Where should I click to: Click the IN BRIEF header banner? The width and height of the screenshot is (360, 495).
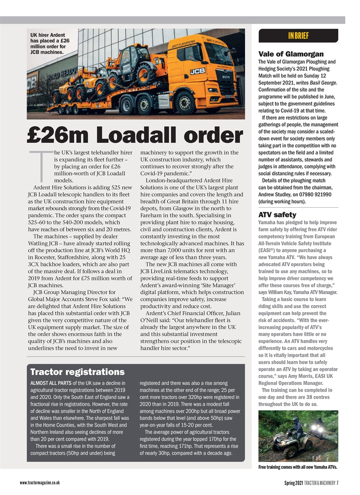(x=298, y=36)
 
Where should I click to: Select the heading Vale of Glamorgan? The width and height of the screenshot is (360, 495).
(x=291, y=54)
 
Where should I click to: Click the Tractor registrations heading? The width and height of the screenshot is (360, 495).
(x=77, y=372)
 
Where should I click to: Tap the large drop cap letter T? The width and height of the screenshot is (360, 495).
(x=41, y=166)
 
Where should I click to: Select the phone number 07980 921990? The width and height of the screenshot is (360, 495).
(x=316, y=195)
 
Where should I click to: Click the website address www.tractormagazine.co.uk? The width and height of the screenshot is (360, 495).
(x=40, y=483)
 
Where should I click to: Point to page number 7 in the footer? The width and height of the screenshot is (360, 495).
(x=337, y=483)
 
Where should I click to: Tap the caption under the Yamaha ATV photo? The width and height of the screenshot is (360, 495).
(x=298, y=467)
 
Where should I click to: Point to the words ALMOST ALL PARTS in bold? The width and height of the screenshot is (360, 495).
(x=50, y=383)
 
